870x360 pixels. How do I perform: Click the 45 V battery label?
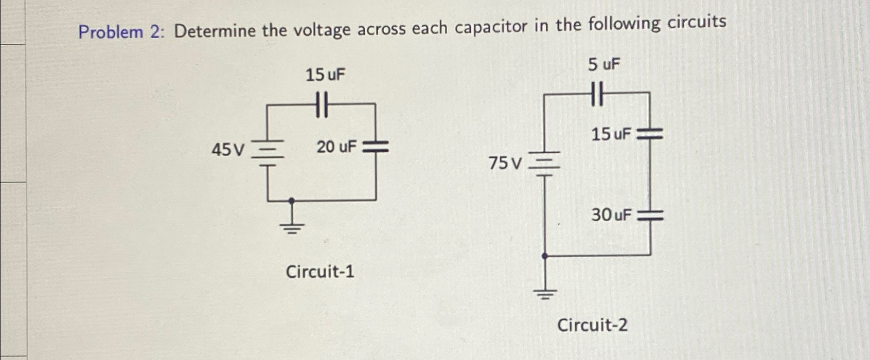pos(229,150)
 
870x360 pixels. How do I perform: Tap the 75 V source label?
pos(506,164)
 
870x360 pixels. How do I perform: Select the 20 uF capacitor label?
pos(336,147)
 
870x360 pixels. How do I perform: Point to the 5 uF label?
pos(605,65)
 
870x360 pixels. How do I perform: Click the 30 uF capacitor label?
pos(611,214)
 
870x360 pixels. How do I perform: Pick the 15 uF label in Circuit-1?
pos(326,76)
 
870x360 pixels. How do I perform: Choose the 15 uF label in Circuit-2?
pos(611,135)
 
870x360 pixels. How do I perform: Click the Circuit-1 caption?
pos(320,271)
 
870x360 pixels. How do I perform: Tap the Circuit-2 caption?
pos(593,325)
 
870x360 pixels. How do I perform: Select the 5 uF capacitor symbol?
pos(597,94)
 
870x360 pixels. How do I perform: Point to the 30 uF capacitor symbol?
pos(650,217)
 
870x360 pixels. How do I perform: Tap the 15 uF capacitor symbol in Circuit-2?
pos(650,135)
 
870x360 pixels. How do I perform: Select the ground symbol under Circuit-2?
pos(545,295)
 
